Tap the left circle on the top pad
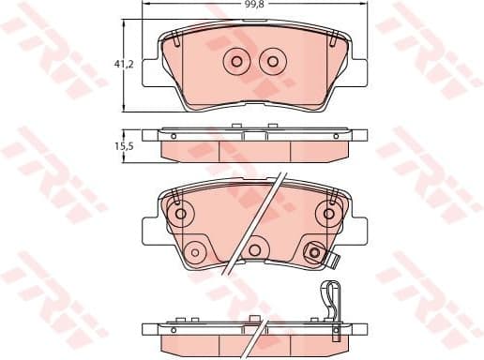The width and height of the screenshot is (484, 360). (235, 61)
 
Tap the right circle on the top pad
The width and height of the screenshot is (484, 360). (272, 61)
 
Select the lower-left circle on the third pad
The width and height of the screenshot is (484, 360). (194, 251)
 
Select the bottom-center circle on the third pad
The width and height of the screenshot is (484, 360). (253, 250)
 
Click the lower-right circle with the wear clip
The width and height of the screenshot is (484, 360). (314, 250)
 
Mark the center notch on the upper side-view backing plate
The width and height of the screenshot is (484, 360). (253, 135)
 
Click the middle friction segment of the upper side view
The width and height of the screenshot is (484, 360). (253, 150)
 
